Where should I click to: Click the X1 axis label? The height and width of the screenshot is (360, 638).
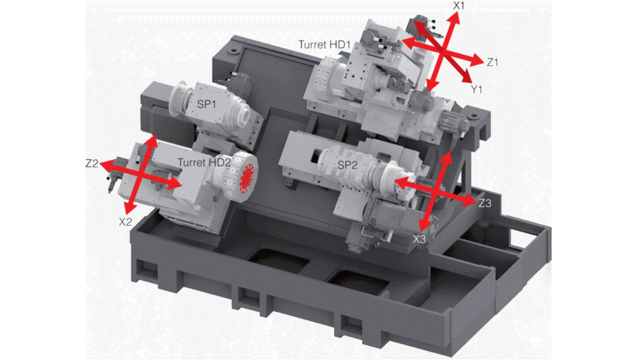point(459,5)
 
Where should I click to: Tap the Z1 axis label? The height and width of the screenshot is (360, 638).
point(492,62)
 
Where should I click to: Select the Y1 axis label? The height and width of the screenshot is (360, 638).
point(476,89)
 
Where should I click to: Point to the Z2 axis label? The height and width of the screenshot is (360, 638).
point(92,163)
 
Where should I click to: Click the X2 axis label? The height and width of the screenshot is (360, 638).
point(125,222)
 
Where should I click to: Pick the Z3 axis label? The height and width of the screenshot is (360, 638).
point(485,203)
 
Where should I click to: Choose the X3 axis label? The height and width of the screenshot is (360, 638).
point(419,239)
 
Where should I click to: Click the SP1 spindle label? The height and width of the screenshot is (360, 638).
point(206,104)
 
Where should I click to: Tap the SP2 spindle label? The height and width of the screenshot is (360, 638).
point(348,165)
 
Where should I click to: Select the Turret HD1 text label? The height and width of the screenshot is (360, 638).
point(324,44)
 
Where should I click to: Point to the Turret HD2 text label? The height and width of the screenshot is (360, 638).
point(204,163)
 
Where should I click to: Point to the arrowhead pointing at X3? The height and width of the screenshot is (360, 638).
point(425,224)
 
